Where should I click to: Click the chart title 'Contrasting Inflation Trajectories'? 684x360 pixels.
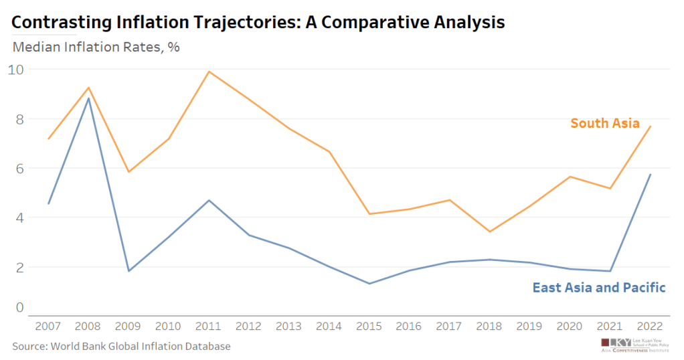click(258, 23)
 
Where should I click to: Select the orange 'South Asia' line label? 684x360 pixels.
click(604, 123)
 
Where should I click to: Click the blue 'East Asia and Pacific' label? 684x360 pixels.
click(598, 288)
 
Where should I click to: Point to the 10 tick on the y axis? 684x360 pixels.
click(16, 69)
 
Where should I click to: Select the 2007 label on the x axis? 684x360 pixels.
click(48, 326)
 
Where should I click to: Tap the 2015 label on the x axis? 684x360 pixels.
click(369, 326)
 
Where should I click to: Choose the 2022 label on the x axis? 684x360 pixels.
click(649, 326)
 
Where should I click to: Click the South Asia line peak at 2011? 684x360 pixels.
click(209, 72)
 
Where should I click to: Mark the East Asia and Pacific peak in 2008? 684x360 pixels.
click(89, 98)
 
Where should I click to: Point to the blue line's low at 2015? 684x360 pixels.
click(369, 284)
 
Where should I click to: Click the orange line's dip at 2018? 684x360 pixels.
click(489, 232)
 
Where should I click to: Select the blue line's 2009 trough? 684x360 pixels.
click(129, 271)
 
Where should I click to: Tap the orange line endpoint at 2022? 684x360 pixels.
click(650, 126)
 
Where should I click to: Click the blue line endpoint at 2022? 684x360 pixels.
click(650, 175)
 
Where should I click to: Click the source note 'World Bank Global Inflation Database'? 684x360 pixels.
click(121, 346)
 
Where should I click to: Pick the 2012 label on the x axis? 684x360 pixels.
click(249, 326)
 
